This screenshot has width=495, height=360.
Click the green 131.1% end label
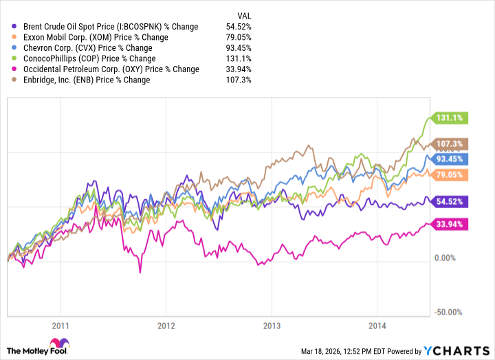click(x=448, y=117)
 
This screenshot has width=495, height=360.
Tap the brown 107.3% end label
click(x=448, y=144)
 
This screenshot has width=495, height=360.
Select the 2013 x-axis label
click(x=273, y=326)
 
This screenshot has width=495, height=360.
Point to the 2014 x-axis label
click(x=379, y=326)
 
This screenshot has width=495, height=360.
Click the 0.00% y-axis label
click(x=446, y=258)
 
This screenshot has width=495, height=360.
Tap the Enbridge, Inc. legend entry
click(x=87, y=80)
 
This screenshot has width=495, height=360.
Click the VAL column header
click(x=243, y=16)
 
